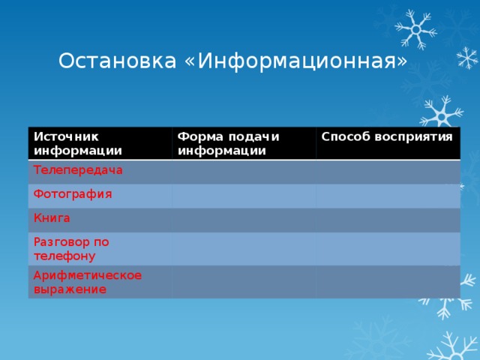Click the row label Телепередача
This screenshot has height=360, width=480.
[x=78, y=170]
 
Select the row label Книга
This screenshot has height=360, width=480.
[x=52, y=218]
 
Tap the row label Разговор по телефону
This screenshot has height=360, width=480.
[x=70, y=248]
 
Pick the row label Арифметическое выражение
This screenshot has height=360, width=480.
[x=87, y=281]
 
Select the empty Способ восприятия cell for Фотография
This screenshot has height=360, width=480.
[x=387, y=196]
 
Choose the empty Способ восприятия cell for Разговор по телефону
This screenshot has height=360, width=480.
[x=387, y=248]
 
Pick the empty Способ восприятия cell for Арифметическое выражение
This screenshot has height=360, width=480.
[x=387, y=282]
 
